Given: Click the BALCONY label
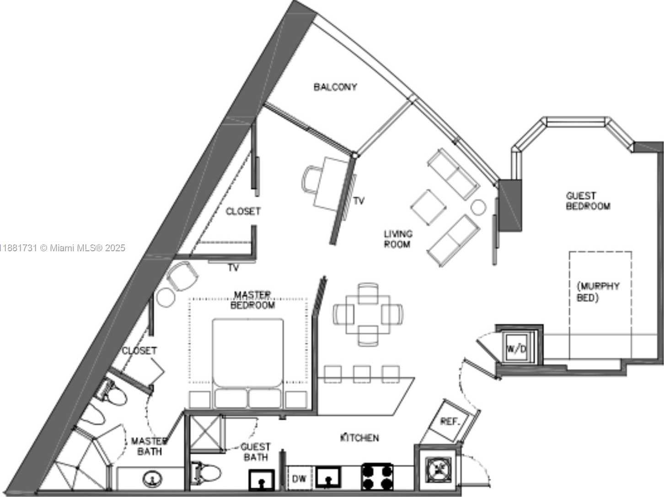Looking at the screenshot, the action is [335, 87].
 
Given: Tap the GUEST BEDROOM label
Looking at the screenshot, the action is [588, 201].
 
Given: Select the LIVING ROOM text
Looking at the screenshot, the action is [398, 239].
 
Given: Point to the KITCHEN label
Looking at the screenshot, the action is [359, 438].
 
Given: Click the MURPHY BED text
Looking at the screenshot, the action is [598, 292].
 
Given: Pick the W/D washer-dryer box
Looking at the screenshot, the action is [517, 349].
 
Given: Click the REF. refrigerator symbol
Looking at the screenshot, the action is [450, 422].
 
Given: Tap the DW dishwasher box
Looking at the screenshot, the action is [299, 478].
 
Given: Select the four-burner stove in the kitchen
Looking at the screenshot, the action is [377, 477].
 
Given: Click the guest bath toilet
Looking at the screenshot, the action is [206, 473].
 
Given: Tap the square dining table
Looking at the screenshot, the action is [368, 315].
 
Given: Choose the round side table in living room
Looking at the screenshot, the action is [478, 207].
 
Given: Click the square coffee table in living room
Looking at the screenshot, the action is [428, 207].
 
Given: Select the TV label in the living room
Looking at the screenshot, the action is [359, 201].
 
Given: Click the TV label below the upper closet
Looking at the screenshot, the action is [234, 268].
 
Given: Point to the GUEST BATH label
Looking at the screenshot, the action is [256, 452].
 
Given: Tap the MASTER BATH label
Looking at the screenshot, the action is [149, 447].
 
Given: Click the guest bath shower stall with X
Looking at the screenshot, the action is [205, 434].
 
